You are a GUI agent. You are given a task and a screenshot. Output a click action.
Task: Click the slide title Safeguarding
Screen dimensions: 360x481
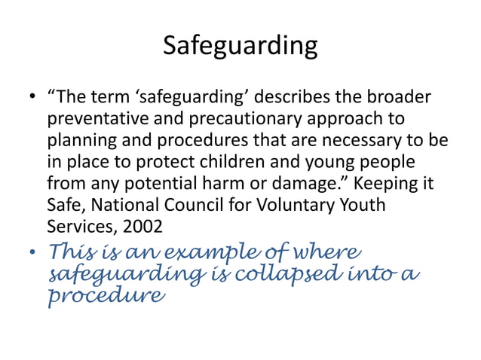240,47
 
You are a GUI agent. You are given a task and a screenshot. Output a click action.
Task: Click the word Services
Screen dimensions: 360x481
75,225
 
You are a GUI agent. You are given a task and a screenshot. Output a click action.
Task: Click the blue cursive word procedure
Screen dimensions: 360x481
105,296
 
